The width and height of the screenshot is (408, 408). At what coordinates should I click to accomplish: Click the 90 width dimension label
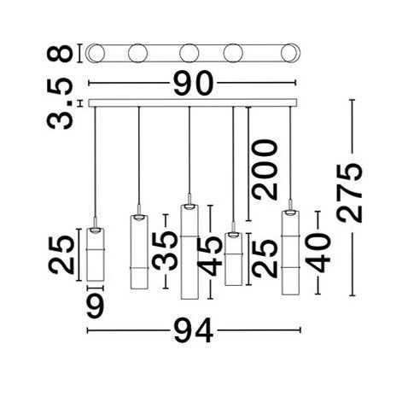194,83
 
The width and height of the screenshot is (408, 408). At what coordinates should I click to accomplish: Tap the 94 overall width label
194,330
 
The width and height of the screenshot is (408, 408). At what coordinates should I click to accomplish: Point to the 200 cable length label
265,169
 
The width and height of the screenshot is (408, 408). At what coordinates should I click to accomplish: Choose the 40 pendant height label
318,253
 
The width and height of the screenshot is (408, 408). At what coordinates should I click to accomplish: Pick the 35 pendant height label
166,251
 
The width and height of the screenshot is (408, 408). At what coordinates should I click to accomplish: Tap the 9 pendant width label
96,305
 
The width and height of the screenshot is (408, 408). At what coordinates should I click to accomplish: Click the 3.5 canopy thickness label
60,103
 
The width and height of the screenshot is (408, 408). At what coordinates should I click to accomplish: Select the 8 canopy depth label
60,53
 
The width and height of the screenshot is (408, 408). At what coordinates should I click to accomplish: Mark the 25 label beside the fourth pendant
265,259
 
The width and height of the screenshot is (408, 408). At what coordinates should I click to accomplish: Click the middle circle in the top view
189,53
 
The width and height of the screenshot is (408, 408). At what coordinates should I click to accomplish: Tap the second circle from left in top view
137,53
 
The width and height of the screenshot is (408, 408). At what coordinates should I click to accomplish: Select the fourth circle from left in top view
233,53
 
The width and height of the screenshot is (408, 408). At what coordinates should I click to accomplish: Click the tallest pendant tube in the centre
189,252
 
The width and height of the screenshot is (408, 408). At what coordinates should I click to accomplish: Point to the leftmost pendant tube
96,254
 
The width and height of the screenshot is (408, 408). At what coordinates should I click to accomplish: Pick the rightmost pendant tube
290,253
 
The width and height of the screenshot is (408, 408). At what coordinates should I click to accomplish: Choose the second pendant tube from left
139,252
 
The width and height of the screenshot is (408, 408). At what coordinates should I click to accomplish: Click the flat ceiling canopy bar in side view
193,102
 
